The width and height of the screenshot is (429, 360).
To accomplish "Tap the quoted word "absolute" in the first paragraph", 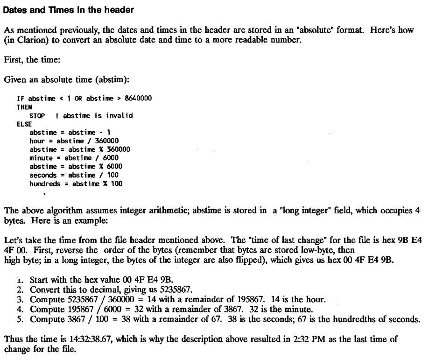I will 291,30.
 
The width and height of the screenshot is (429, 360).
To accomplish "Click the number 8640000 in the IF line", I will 137,99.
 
